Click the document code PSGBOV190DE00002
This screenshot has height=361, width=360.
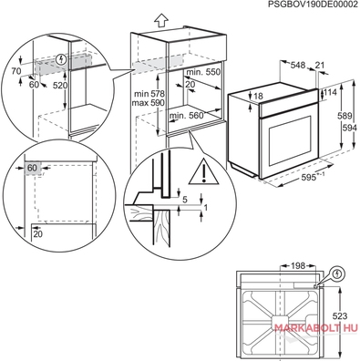pos(314,5)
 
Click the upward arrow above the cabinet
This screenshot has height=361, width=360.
pos(160,21)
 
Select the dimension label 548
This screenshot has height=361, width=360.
pos(298,65)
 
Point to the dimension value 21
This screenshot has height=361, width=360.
pos(320,65)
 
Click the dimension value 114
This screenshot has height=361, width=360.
pos(331,92)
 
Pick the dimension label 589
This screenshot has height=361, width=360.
pos(345,116)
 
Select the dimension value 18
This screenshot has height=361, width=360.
pos(258,97)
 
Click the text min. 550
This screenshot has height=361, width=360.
pos(203,72)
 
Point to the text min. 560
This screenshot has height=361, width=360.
pos(186,116)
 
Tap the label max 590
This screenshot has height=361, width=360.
pos(149,103)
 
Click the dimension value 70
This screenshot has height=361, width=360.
pos(16,71)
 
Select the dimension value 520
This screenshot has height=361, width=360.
pos(60,86)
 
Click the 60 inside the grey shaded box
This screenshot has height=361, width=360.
pos(32,168)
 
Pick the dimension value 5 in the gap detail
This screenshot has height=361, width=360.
pos(185,200)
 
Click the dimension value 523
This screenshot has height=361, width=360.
pos(340,316)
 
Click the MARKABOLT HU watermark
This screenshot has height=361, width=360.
pos(316,327)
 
